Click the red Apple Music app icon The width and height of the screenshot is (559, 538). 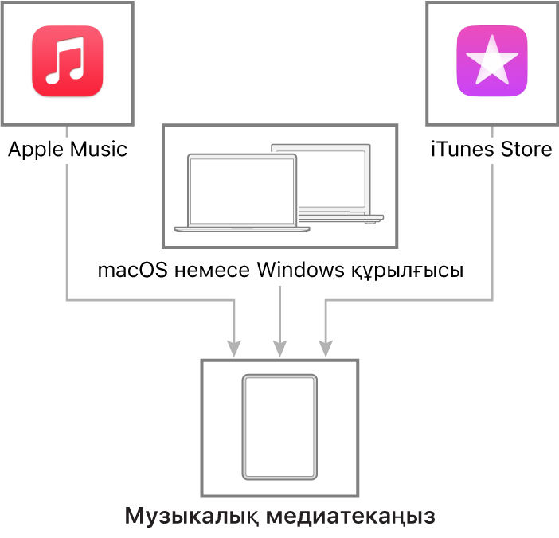tap(68, 61)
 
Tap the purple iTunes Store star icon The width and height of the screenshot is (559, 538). tap(491, 61)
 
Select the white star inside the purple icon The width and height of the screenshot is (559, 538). tap(491, 61)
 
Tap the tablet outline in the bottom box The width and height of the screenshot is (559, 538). tap(279, 427)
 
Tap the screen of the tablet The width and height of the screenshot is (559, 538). tap(279, 427)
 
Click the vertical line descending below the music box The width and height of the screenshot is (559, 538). tap(66, 231)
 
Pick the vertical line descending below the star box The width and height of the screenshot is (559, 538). tap(493, 231)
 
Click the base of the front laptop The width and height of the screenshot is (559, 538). tap(241, 229)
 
